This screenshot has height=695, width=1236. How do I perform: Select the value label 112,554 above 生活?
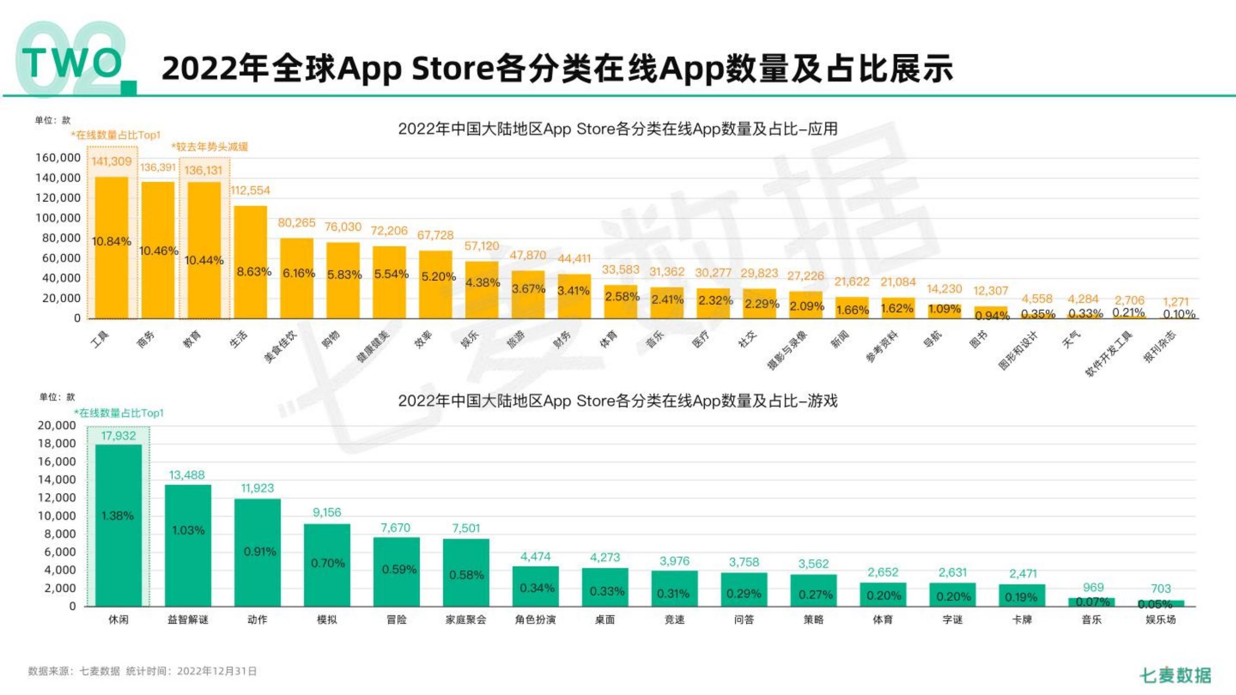pos(250,190)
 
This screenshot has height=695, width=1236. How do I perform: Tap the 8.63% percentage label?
pos(254,272)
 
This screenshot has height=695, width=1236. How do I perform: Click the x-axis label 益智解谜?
pos(188,619)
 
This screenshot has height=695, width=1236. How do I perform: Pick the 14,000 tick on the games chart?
pos(57,479)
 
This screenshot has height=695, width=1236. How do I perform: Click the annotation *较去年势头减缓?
pos(210,147)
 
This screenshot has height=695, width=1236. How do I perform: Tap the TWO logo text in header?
pos(72,63)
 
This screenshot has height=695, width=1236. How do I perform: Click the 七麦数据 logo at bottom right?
pos(1175,675)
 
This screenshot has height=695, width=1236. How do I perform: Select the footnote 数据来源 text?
pos(142,671)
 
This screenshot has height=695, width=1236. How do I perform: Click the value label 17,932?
pos(119,436)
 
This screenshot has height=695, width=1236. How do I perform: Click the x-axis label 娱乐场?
pos(1161,619)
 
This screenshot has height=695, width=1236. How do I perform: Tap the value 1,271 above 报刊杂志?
pos(1176,302)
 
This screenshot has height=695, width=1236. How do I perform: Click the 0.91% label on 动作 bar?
pos(260,551)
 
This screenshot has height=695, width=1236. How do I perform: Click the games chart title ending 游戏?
pos(618,400)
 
